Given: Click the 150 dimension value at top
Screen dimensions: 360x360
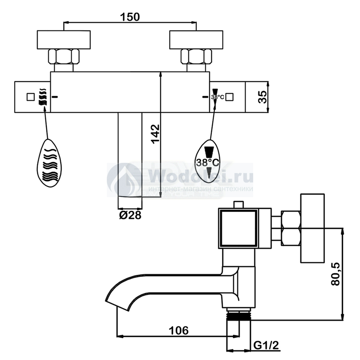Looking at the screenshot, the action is coord(130,17).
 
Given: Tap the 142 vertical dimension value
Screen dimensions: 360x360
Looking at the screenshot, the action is coord(156,134).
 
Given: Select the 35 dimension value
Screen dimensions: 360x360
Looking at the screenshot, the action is coord(262,97).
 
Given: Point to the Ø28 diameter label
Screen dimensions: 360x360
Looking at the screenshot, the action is coord(130,215).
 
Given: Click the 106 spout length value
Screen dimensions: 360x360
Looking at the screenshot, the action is coord(179,331).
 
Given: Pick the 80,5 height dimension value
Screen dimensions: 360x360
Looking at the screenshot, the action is coord(335,274).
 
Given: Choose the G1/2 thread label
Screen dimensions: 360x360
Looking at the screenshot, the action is coord(266,345).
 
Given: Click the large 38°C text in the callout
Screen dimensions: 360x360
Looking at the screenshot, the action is coord(208,162).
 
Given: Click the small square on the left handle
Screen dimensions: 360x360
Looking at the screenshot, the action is coord(30,97).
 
